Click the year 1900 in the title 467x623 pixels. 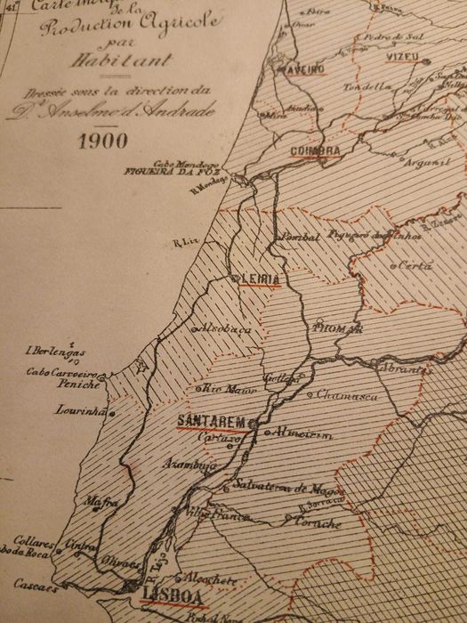[x=102, y=141]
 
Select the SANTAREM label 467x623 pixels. [x=212, y=420]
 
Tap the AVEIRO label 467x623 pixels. [x=304, y=69]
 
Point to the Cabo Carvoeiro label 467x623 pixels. [x=60, y=372]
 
